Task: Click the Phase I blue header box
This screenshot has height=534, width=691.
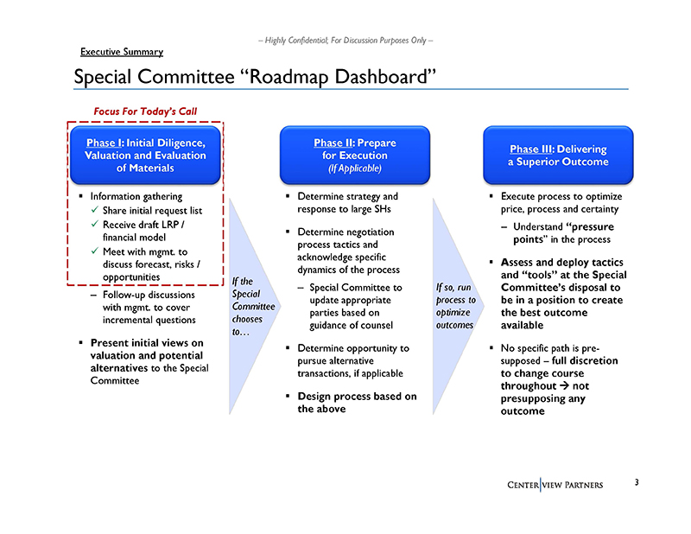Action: (x=145, y=156)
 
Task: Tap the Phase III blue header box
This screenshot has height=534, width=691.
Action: (x=558, y=155)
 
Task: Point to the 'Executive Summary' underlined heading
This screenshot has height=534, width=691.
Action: (x=122, y=53)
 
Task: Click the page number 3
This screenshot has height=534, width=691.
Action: (x=636, y=482)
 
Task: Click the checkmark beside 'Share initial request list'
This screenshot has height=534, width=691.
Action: (x=95, y=211)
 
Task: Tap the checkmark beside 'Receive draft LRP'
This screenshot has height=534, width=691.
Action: (x=95, y=225)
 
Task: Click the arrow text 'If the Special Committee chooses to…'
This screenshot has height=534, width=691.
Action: (x=252, y=307)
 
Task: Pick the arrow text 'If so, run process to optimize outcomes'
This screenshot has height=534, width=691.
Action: (x=455, y=307)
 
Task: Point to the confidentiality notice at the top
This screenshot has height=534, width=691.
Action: (x=345, y=40)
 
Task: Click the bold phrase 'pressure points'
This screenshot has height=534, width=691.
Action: (x=570, y=233)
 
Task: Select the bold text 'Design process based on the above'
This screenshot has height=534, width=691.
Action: (x=357, y=403)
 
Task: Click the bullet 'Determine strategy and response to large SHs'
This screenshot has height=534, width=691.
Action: (x=346, y=203)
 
